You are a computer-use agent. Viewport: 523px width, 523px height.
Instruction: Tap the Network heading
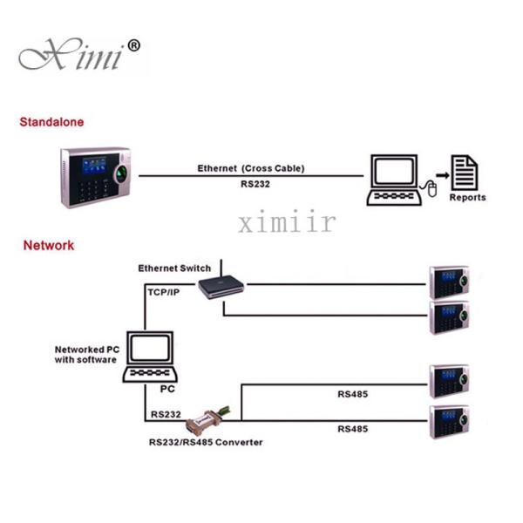[x=49, y=246]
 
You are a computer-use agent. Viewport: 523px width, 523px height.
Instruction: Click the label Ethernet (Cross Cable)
[x=250, y=168]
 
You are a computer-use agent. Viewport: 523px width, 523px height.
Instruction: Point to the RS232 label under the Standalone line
[x=250, y=185]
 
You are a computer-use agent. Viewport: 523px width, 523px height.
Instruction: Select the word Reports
[x=467, y=198]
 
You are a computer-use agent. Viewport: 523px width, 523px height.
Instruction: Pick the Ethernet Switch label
[x=175, y=268]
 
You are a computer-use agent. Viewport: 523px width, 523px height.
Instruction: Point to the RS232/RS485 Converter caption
[x=206, y=442]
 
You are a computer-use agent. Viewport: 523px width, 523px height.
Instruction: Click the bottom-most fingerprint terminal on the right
[x=450, y=424]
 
